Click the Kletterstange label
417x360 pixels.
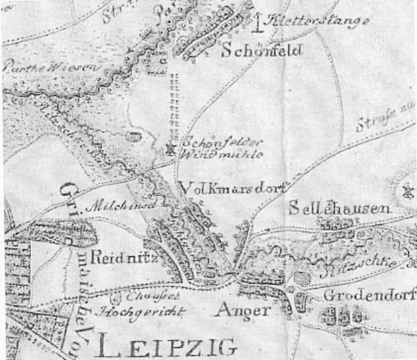pos(313,23)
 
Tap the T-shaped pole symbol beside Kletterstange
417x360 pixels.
pos(259,21)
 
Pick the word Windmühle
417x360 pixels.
pos(212,155)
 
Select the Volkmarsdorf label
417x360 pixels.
pos(234,187)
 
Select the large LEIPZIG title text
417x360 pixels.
pos(165,346)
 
